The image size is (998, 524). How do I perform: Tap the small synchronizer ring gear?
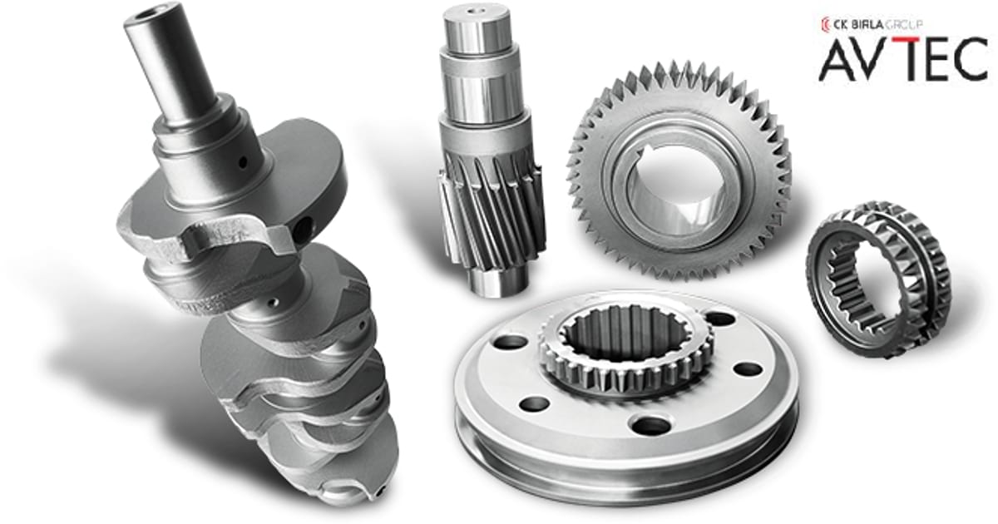[877, 279]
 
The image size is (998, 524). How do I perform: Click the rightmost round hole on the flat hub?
[749, 368]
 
